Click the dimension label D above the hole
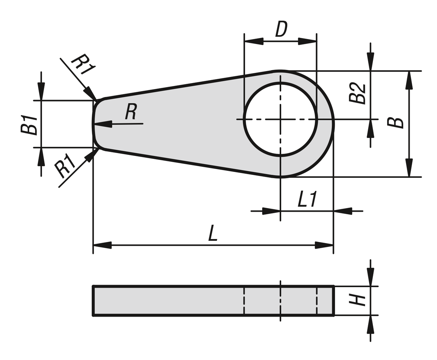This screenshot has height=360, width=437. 282,29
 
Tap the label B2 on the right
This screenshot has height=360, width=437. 357,93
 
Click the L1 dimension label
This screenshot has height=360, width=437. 307,199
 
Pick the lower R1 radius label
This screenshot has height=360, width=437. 64,166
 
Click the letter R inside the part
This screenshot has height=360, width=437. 131,111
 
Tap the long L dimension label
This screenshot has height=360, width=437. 213,233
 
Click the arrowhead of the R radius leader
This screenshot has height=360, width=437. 102,124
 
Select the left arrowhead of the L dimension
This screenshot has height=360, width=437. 102,245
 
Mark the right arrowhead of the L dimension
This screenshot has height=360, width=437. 324,245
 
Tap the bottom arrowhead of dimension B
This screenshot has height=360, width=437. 409,168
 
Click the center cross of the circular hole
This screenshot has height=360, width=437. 280,120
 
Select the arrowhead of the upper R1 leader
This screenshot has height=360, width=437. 90,93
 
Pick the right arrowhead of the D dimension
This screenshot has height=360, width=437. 307,41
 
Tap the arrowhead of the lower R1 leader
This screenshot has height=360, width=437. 92,155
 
